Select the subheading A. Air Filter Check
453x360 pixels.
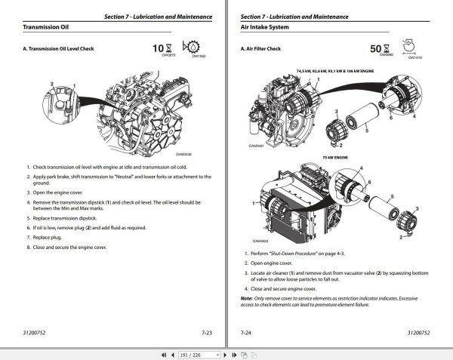pyautogui.click(x=265, y=49)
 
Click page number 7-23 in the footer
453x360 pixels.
pyautogui.click(x=206, y=331)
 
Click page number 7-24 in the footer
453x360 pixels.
pyautogui.click(x=246, y=331)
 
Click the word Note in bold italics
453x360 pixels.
pyautogui.click(x=245, y=297)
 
